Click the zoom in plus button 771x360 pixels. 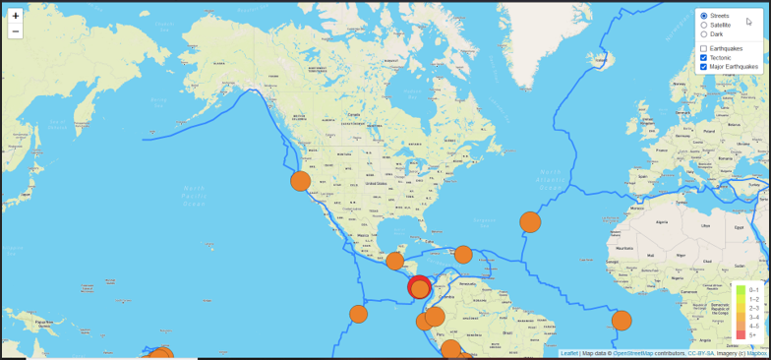16,16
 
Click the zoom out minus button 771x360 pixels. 16,31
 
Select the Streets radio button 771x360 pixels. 704,16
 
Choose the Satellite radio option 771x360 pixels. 704,25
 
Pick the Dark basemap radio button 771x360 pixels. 704,34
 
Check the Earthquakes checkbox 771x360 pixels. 704,48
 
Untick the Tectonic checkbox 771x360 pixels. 704,57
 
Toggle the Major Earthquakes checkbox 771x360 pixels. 704,67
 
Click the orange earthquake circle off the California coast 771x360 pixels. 301,181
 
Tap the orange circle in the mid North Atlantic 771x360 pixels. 530,221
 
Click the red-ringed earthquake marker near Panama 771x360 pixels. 420,288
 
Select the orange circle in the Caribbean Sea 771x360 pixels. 463,255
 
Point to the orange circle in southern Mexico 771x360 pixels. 394,261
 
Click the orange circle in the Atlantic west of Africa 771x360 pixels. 622,321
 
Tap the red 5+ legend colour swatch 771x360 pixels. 740,334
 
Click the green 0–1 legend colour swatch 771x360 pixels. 740,290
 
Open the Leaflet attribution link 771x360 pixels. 569,353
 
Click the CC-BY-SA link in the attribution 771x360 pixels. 701,353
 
